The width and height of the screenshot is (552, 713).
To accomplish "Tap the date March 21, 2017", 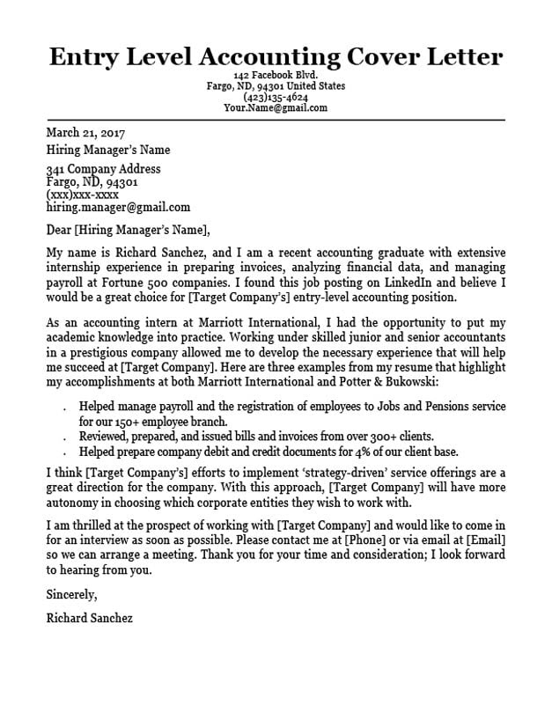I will (85, 133).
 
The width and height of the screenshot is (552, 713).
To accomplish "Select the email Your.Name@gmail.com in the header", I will (275, 108).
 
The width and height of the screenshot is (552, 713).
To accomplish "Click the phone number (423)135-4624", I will (275, 98).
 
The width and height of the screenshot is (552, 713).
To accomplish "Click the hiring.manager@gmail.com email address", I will (118, 208).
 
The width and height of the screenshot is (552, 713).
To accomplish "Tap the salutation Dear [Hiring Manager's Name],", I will (129, 232).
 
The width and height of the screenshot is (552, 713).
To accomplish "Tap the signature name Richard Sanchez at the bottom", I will (89, 618).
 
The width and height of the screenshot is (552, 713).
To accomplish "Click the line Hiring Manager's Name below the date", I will (108, 150).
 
